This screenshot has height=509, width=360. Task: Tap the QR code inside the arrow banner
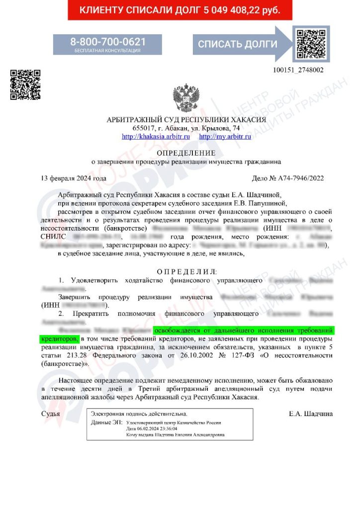point(311,44)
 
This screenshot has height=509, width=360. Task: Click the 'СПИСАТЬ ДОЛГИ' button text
point(238,44)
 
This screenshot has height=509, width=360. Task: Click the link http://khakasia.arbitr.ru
point(156,136)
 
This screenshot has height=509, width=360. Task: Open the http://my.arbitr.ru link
point(225,136)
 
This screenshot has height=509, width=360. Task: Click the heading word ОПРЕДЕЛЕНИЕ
point(186,153)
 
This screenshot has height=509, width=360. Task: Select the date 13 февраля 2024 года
point(74,178)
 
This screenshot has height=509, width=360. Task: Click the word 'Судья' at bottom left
point(51,414)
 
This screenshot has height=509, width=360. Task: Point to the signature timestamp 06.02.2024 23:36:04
point(150,428)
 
